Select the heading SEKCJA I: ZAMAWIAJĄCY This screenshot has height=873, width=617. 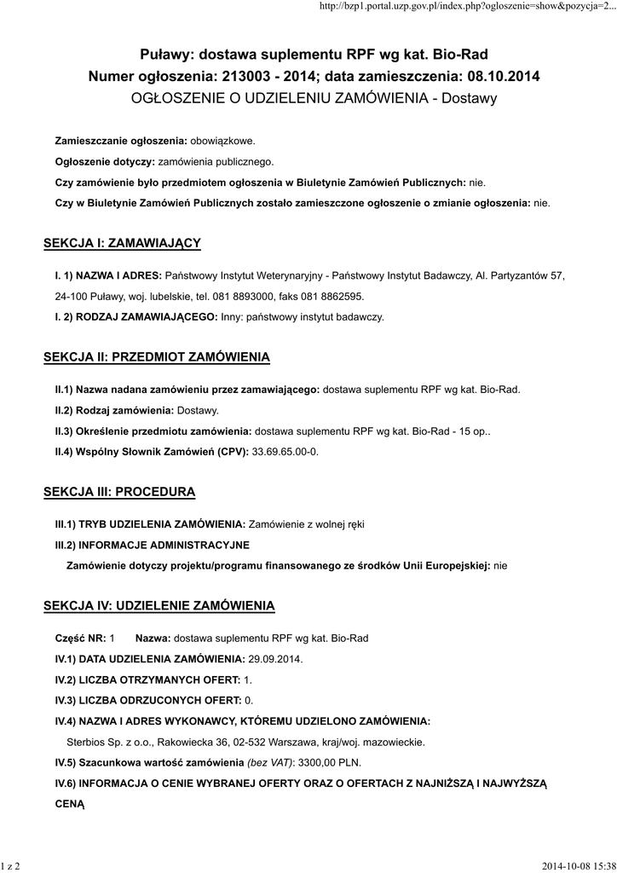tap(122, 244)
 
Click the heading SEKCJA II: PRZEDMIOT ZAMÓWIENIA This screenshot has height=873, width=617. tap(157, 356)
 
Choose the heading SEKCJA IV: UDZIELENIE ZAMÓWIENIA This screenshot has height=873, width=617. tap(159, 606)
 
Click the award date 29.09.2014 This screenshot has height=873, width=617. tap(275, 659)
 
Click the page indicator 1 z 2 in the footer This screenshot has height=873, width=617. tap(12, 865)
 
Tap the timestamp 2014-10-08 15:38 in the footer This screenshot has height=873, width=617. tap(579, 865)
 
